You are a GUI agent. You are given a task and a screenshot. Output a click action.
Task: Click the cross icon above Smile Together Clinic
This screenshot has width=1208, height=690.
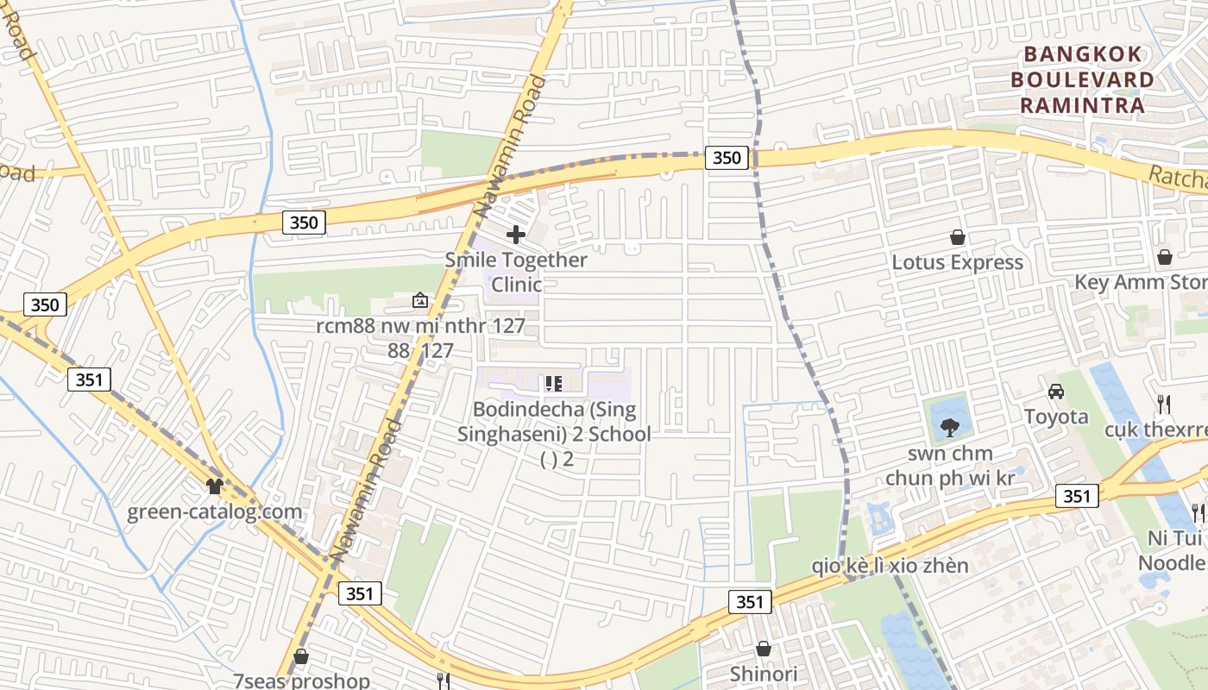(x=516, y=235)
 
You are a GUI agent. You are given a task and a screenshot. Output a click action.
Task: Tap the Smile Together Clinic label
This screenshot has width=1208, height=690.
(x=516, y=272)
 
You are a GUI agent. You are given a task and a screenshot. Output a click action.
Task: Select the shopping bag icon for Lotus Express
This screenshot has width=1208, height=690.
(x=957, y=237)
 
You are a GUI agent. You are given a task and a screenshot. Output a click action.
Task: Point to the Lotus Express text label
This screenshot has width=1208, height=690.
(x=957, y=262)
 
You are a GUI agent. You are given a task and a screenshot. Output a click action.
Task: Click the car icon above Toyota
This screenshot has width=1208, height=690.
(x=1055, y=392)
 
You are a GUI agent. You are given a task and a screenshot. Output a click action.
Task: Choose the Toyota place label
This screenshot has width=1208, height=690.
(x=1056, y=417)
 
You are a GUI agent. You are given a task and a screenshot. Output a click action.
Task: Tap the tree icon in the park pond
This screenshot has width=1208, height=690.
(x=949, y=425)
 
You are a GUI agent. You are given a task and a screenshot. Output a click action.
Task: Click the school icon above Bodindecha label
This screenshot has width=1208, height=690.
(x=553, y=383)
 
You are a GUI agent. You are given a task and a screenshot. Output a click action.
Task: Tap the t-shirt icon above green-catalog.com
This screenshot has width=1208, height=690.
(x=215, y=486)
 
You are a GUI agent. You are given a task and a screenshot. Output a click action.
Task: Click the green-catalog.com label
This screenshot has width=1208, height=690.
(x=215, y=511)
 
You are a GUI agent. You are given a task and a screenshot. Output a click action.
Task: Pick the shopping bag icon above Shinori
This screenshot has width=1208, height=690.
(x=764, y=649)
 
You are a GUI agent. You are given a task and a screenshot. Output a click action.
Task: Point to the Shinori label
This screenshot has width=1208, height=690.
(x=764, y=674)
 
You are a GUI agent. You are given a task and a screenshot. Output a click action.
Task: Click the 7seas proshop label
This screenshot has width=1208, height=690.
(x=301, y=680)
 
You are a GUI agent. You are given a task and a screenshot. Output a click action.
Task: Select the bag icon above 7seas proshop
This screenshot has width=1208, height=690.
(x=301, y=656)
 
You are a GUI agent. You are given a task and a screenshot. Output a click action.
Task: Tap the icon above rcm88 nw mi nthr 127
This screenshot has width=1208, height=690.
(x=420, y=300)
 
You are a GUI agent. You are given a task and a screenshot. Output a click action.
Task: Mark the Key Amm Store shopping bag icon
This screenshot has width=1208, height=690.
(x=1165, y=257)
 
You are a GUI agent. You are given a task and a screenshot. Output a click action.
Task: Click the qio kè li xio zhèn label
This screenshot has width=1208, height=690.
(x=890, y=566)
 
